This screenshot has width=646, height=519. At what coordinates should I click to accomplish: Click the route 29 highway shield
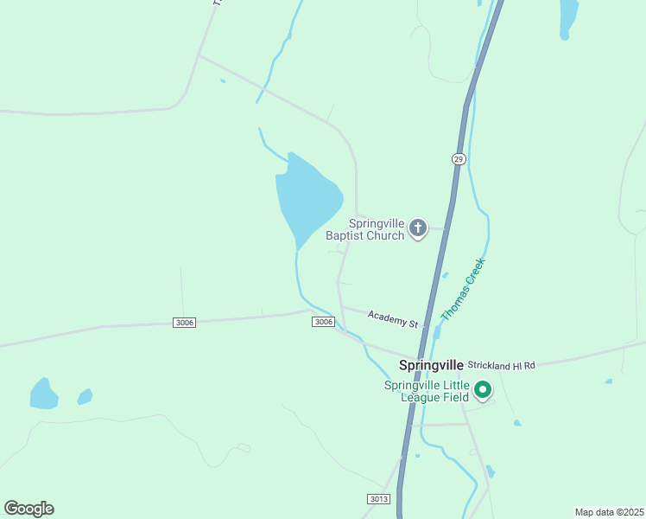pos(458,159)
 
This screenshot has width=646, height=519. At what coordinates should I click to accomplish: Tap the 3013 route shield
pos(378,499)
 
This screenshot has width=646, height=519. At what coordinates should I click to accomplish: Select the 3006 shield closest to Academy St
pos(322,322)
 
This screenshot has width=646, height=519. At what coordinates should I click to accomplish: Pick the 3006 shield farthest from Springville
pos(184,322)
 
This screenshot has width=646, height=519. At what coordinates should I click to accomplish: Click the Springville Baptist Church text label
pos(377,228)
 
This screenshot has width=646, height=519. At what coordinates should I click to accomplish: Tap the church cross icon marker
pos(418,228)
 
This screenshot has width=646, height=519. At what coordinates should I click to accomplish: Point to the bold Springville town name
pos(431,365)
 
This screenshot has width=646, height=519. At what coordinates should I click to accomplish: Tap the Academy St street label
pos(393,319)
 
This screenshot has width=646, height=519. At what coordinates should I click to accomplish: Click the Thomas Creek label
pos(463,289)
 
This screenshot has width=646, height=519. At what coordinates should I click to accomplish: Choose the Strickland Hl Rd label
pos(503,366)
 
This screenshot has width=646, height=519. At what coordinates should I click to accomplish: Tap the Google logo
pos(28,509)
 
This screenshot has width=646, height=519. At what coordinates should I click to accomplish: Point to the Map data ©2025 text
pos(609,511)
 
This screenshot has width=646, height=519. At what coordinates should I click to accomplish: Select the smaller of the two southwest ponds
pos(85,396)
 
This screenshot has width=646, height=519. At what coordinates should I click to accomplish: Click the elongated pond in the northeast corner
pos(568,17)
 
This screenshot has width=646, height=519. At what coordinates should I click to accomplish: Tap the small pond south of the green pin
pos(516,423)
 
